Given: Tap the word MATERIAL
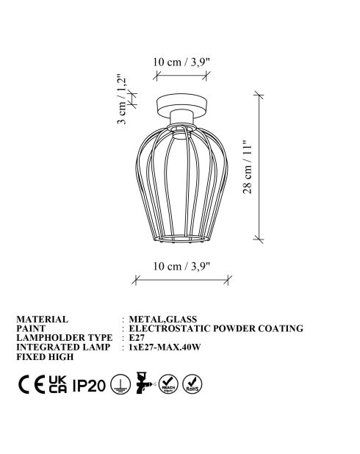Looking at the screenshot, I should pyautogui.click(x=42, y=320).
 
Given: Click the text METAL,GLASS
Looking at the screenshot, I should pyautogui.click(x=162, y=320).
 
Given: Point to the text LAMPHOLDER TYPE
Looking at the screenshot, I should pyautogui.click(x=63, y=337).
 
